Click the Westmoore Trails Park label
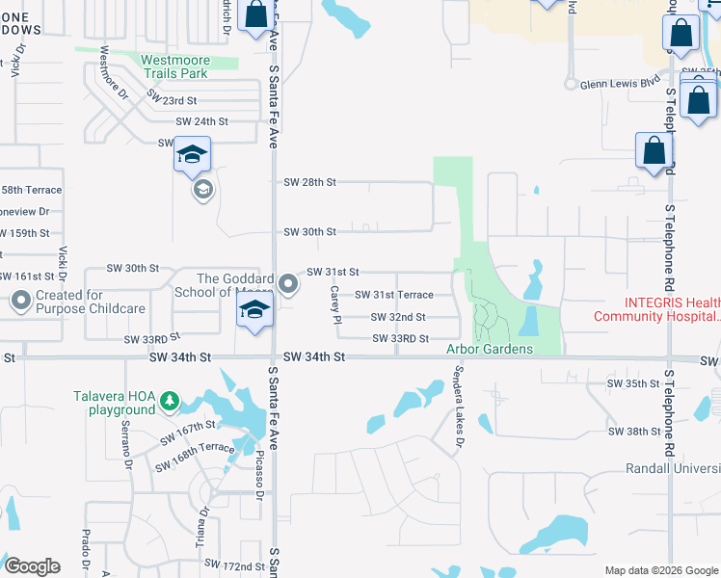click(x=174, y=66)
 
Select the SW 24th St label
click(x=201, y=121)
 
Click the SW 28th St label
click(x=309, y=182)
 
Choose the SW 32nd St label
click(x=398, y=317)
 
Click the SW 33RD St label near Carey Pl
click(x=400, y=338)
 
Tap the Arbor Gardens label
click(x=489, y=349)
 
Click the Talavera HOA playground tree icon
click(x=170, y=399)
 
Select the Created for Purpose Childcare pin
click(x=21, y=301)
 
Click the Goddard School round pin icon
click(x=289, y=284)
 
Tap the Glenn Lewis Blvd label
click(x=618, y=84)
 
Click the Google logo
click(x=32, y=565)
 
